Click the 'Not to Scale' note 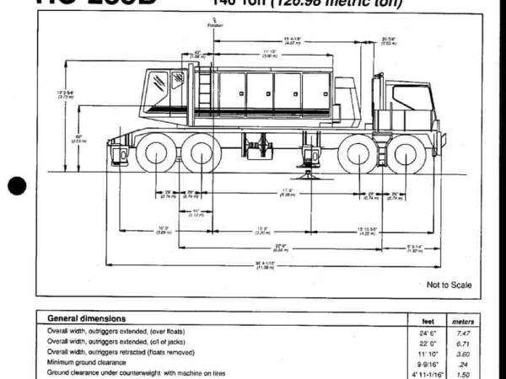(449, 285)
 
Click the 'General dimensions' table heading (87, 319)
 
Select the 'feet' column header (428, 321)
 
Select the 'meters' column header (463, 321)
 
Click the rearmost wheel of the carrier (155, 154)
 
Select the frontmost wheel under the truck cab (406, 154)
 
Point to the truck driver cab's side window (412, 98)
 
